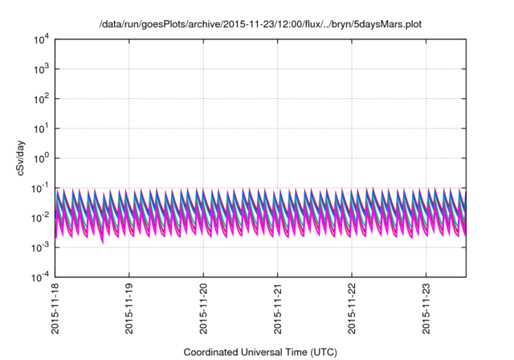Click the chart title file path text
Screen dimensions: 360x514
coord(260,25)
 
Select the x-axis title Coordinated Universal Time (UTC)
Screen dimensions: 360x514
coord(260,352)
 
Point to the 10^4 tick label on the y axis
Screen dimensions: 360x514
coord(42,39)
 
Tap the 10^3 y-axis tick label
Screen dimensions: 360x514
coord(42,69)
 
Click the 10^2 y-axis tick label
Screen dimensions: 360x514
coord(42,99)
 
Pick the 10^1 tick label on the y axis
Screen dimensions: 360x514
coord(42,129)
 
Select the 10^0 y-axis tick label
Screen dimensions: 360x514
coord(42,158)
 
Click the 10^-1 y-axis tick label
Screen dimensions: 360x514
coord(41,188)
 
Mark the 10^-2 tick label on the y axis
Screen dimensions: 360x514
coord(41,218)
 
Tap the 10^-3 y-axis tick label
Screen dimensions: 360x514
coord(41,247)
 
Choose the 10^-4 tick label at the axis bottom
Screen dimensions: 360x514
coord(41,277)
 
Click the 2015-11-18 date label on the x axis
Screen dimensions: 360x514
coord(55,310)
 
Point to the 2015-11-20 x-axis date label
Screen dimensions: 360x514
coord(204,310)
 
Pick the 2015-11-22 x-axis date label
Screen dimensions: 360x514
coord(353,310)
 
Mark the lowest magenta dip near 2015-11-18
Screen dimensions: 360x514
coord(102,240)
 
